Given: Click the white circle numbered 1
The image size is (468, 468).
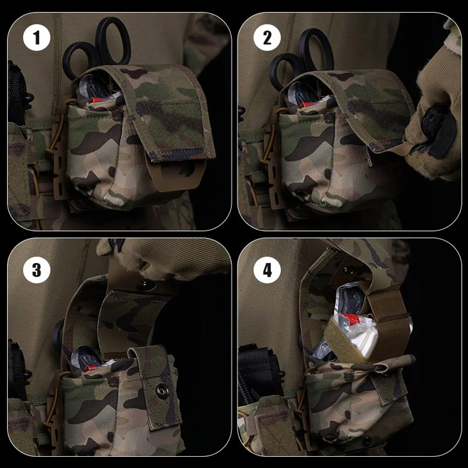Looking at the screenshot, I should point(37,38).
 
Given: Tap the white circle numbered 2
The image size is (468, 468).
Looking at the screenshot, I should point(267,38).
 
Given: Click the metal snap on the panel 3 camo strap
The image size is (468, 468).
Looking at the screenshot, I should point(162,388).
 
